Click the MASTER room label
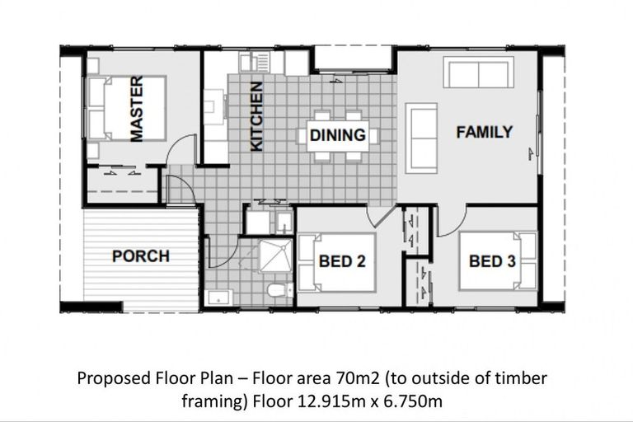[138, 108]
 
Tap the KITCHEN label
[256, 115]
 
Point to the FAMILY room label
[484, 132]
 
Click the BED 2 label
[342, 262]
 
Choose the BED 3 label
[492, 262]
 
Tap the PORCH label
[140, 256]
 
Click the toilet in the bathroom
[279, 290]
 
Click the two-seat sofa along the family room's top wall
[478, 73]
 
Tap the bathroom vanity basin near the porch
[218, 297]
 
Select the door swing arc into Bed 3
[452, 219]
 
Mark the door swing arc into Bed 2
[381, 216]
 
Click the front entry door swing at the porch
[181, 190]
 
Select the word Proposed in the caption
[109, 379]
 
